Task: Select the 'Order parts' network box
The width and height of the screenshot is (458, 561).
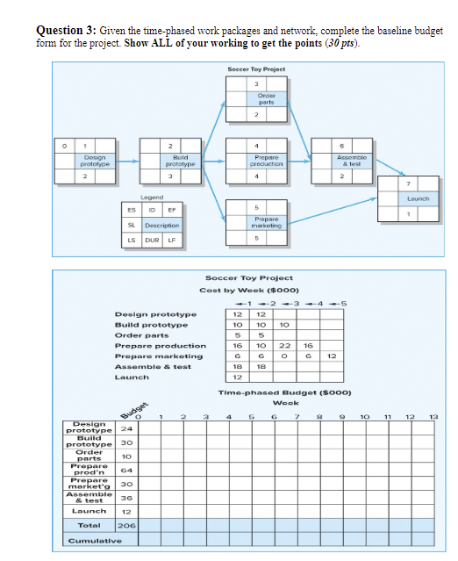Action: pos(266,99)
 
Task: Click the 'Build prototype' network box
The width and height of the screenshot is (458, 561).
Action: pos(183,161)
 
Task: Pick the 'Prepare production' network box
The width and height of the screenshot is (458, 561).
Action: pos(266,161)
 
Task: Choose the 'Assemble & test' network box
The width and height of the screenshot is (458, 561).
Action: pos(350,161)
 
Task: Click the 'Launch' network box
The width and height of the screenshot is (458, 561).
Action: pos(418,199)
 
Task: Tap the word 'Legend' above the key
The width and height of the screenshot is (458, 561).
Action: pos(151,198)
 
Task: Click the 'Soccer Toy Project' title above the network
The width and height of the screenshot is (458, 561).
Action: pos(255,68)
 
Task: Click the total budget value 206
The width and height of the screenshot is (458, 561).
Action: pos(125,525)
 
